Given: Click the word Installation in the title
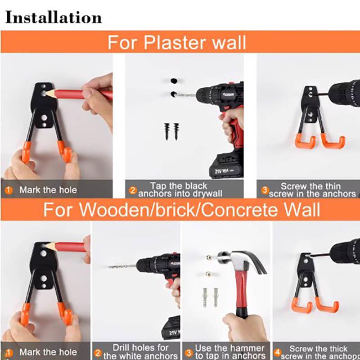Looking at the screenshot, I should point(53,18).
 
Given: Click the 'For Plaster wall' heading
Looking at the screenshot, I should point(176,43).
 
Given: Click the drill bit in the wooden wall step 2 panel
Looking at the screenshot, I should point(122,266).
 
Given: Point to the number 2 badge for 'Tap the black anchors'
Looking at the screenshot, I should point(132,190).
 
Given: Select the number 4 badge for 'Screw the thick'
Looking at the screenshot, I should point(278,353).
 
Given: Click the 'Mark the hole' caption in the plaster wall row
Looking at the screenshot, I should point(48,190).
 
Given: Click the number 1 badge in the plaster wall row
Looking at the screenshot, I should point(9,190).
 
